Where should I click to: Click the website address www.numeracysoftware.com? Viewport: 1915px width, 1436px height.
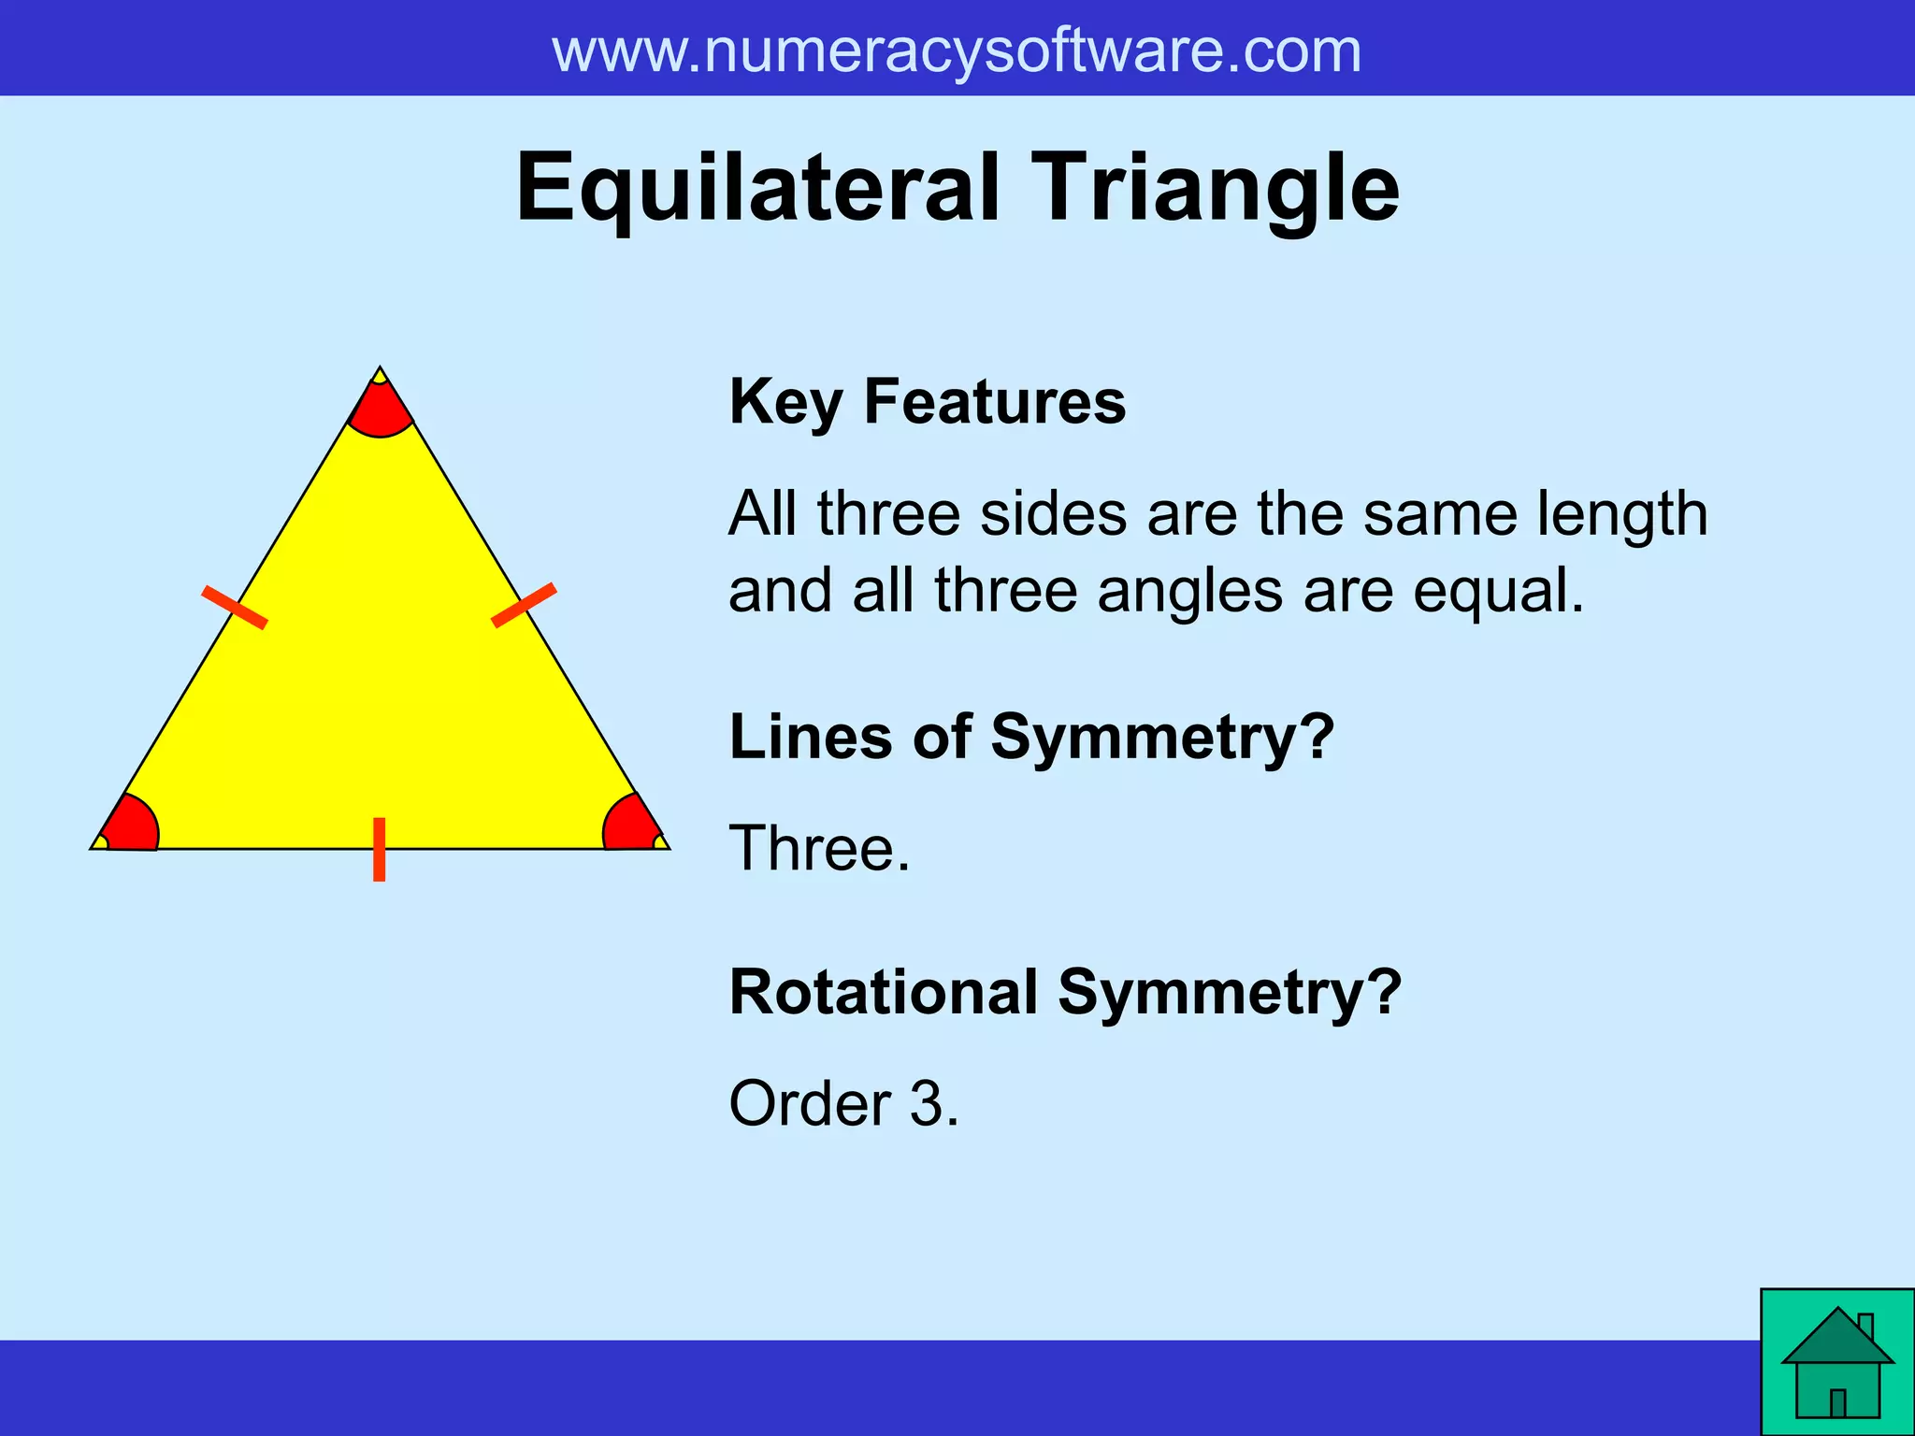[x=957, y=51]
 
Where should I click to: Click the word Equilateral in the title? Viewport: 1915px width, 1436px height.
[x=757, y=189]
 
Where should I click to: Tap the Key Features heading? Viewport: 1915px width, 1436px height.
[x=927, y=402]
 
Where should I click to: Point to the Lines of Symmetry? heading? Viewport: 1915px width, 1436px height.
[x=1031, y=737]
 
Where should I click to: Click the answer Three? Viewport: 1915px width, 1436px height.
[x=819, y=849]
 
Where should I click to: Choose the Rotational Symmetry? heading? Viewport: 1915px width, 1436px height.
[x=1065, y=992]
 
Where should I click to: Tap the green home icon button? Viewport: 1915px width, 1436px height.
[x=1836, y=1362]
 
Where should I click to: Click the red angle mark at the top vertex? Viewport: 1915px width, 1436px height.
[x=380, y=411]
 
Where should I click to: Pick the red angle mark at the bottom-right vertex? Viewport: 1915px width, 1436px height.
[x=630, y=826]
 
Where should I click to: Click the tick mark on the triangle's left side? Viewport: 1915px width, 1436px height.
[x=235, y=607]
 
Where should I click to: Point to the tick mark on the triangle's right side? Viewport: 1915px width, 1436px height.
[x=524, y=605]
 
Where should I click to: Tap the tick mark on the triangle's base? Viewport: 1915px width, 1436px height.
[x=379, y=849]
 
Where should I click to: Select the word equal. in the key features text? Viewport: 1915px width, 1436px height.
[x=1499, y=592]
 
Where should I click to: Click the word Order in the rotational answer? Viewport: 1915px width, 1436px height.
[x=809, y=1104]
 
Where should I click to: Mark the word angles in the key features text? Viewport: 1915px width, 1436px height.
[x=1189, y=592]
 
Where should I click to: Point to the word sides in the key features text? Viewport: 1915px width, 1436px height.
[x=1053, y=514]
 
